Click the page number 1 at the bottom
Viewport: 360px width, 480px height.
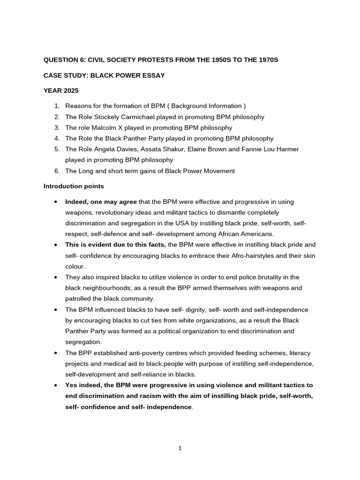[x=180, y=448]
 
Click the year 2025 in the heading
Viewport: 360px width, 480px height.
[x=71, y=90]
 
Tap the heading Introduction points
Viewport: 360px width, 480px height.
[x=74, y=186]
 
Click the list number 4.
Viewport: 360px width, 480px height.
[x=57, y=138]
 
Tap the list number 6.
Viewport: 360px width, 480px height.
[x=57, y=171]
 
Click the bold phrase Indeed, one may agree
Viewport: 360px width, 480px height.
[x=101, y=202]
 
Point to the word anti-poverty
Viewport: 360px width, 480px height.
[x=140, y=353]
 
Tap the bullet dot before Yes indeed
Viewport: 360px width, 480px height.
[x=56, y=385]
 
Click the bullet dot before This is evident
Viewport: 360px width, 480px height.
[x=56, y=245]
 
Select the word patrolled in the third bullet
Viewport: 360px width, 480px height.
[x=78, y=299]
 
